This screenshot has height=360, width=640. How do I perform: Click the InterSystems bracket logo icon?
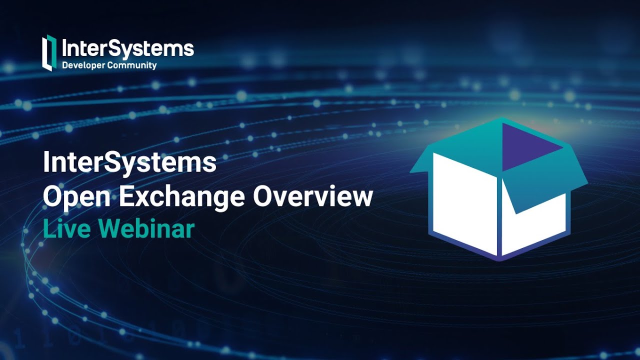47,52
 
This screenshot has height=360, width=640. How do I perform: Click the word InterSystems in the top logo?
127,49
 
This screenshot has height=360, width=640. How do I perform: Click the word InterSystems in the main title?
129,163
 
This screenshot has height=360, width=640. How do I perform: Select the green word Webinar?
146,229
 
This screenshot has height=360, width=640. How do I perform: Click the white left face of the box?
464,202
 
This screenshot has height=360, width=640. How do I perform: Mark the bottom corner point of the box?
499,259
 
